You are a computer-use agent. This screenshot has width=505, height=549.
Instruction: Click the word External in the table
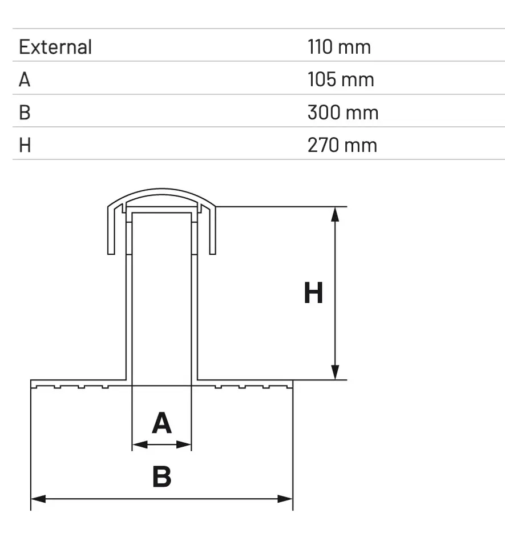[x=55, y=47]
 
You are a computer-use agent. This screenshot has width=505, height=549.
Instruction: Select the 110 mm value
[x=339, y=47]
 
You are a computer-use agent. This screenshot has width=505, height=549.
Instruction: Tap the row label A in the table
[x=25, y=79]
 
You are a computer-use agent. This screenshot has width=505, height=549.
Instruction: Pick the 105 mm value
[x=341, y=79]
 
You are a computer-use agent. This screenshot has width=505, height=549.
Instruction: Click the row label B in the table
[x=25, y=112]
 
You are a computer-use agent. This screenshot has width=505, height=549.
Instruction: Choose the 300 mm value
[x=343, y=112]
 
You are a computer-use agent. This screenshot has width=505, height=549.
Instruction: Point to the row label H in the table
[x=25, y=145]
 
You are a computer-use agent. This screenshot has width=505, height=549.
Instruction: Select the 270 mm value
[x=342, y=145]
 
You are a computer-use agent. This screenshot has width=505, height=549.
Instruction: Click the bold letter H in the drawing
[x=313, y=294]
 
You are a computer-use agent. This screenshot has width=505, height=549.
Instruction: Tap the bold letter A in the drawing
[x=161, y=424]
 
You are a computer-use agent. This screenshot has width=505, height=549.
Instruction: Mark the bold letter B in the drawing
[x=161, y=477]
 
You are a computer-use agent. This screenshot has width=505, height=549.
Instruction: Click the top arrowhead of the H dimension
[x=336, y=214]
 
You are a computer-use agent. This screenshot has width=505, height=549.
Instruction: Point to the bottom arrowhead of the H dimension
[x=336, y=372]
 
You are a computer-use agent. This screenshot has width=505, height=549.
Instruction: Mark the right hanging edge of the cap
[x=213, y=234]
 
